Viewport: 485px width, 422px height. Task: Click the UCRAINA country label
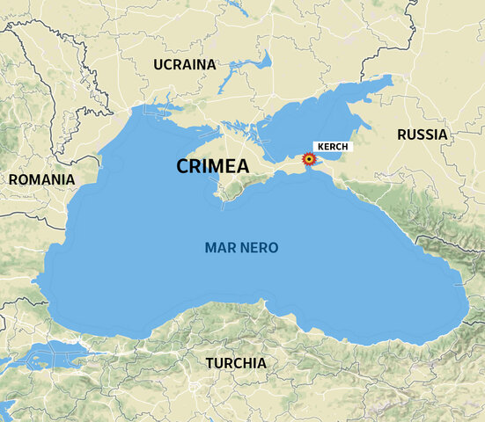[184, 65]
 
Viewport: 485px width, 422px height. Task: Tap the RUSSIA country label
[422, 135]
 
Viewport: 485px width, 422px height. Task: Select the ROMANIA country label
[41, 179]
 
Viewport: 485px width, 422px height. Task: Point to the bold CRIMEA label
[212, 166]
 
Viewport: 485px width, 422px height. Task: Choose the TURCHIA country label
[236, 363]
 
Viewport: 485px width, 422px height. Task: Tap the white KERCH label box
[333, 146]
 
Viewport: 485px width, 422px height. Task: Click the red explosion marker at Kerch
[309, 159]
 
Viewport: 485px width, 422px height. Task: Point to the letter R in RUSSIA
[401, 135]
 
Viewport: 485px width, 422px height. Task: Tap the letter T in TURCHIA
[209, 363]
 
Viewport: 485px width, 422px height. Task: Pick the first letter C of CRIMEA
[182, 166]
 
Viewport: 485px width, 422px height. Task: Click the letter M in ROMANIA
[39, 179]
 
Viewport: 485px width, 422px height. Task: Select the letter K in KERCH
[320, 146]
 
